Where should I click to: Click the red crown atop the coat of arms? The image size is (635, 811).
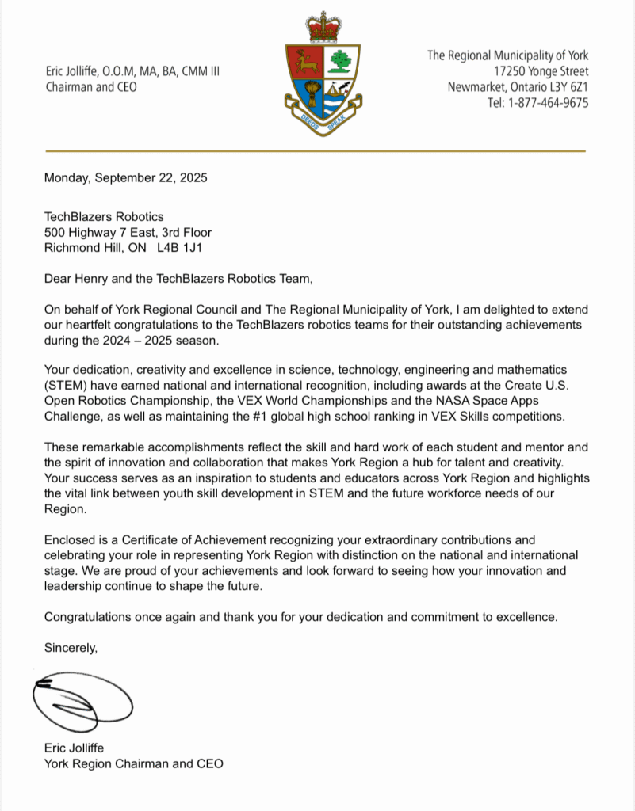[x=323, y=28]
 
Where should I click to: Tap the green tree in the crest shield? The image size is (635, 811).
[x=342, y=59]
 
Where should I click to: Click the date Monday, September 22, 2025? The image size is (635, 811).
[x=125, y=178]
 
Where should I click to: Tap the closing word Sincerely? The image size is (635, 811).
[x=71, y=648]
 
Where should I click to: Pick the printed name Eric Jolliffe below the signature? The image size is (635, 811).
[x=74, y=748]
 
